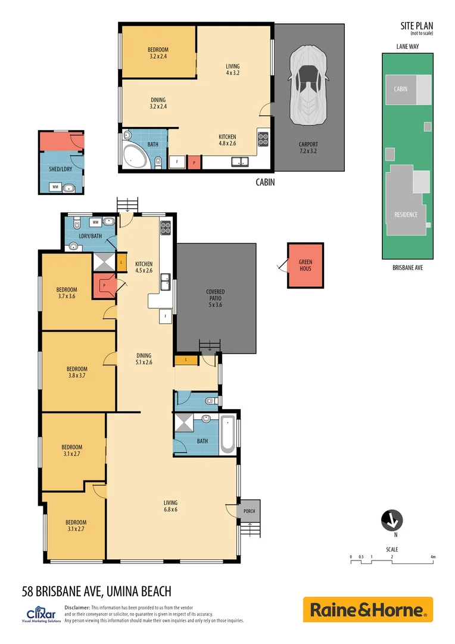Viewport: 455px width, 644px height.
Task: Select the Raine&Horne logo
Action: click(367, 609)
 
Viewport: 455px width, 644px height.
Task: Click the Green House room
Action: click(306, 265)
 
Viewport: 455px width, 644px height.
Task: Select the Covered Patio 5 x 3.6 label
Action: click(215, 298)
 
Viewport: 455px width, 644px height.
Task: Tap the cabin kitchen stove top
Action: click(263, 138)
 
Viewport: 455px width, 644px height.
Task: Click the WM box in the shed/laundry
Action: click(55, 187)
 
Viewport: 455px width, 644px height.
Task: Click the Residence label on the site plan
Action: click(406, 215)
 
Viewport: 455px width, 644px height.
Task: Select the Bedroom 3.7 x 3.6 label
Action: click(68, 293)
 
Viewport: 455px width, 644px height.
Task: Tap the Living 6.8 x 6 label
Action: click(171, 506)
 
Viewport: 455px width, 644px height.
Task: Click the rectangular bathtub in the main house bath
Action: click(227, 434)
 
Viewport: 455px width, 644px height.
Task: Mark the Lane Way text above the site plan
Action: click(407, 45)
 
